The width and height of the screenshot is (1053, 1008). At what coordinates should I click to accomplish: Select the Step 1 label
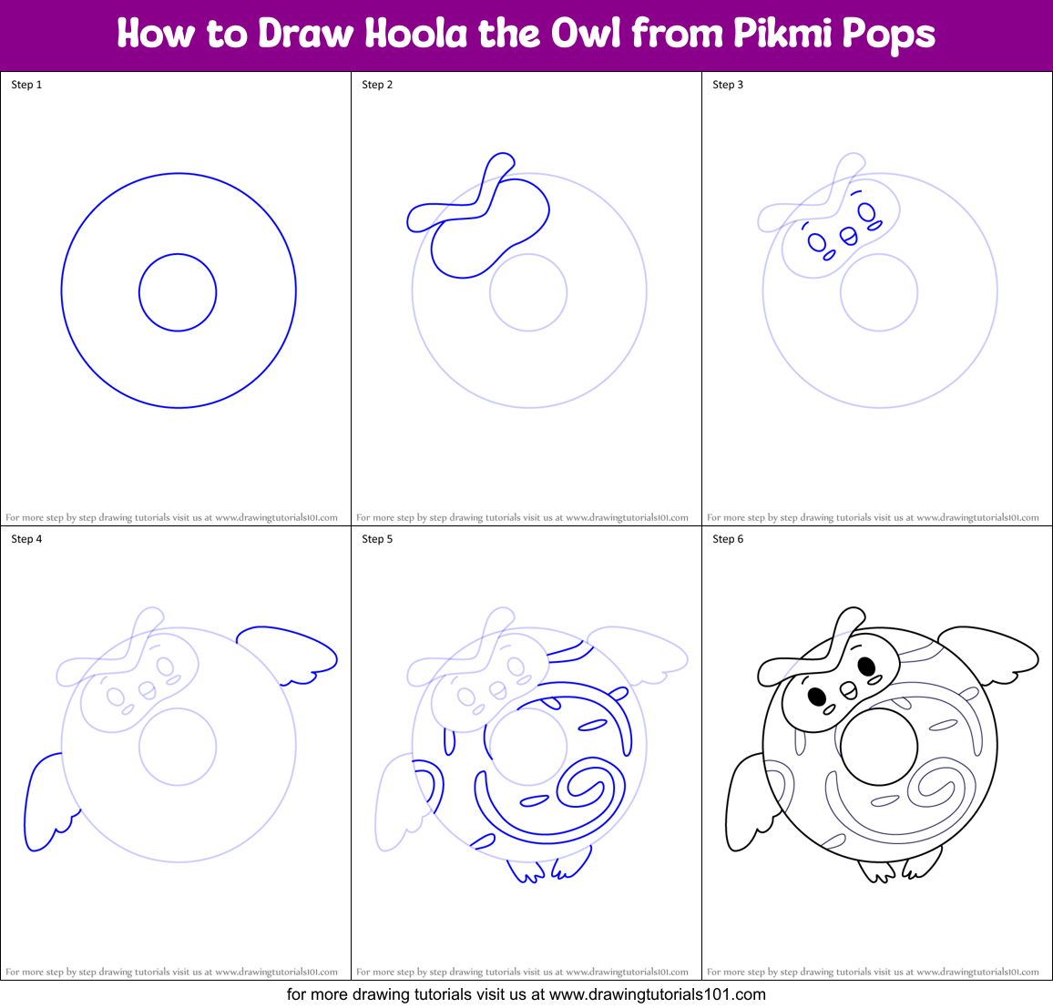[x=26, y=85]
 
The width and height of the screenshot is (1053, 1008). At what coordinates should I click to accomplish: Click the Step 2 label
[x=377, y=85]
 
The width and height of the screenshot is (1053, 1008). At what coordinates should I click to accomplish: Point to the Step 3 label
[x=728, y=85]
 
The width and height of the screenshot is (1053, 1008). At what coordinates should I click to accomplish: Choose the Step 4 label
[x=26, y=539]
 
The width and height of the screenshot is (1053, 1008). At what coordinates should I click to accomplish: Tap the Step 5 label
[x=377, y=539]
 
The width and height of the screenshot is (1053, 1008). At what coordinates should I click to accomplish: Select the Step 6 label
[x=728, y=539]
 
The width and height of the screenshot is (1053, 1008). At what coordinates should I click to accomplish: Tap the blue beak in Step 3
[x=848, y=237]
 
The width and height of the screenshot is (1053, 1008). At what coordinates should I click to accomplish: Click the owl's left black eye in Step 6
[x=817, y=697]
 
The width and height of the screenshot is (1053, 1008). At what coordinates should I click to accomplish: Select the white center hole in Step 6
[x=879, y=747]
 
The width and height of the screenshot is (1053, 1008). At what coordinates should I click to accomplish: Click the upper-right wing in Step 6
[x=993, y=650]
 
